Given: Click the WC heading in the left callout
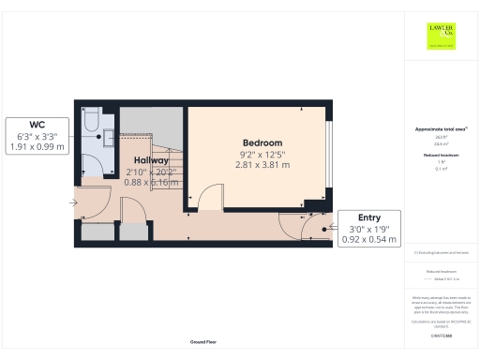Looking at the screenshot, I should pos(37,124).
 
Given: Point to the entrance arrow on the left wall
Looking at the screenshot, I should pos(76,202).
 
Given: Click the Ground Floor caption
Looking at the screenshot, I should pos(204,342).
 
